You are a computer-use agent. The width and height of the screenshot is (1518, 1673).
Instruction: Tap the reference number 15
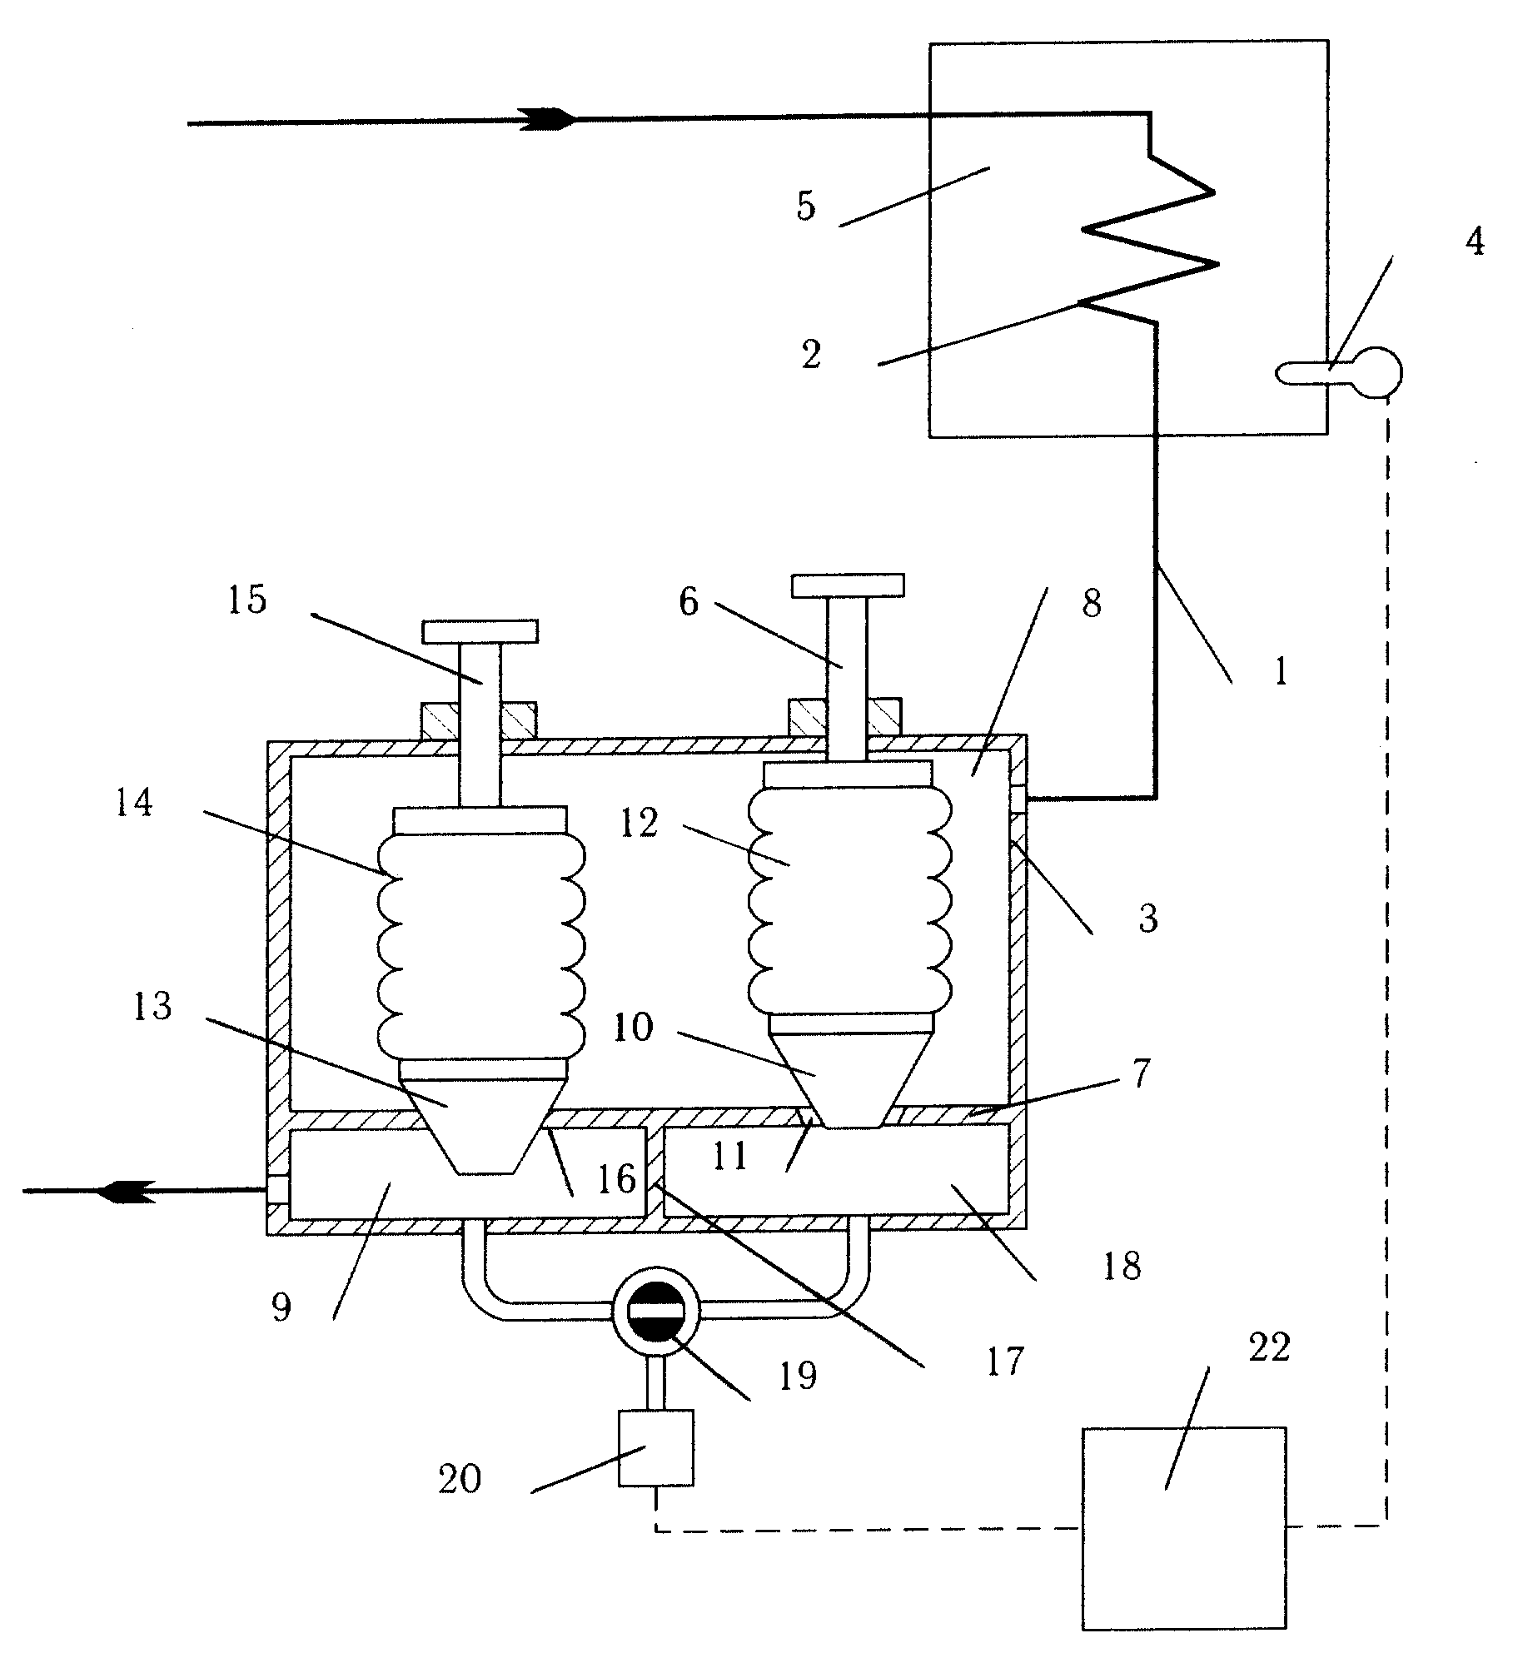tap(246, 601)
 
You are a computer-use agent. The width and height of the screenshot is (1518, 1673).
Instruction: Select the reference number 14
tap(134, 804)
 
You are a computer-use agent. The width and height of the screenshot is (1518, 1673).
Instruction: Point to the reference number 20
tap(459, 1479)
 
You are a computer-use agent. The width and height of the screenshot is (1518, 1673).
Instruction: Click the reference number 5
tap(805, 207)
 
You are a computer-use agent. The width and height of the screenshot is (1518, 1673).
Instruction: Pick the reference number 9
tap(281, 1307)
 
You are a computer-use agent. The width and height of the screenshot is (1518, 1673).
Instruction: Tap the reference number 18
tap(1121, 1267)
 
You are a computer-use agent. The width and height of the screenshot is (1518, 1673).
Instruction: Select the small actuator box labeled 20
tap(656, 1447)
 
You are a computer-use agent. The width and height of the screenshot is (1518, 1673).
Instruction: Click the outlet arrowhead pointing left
tap(126, 1191)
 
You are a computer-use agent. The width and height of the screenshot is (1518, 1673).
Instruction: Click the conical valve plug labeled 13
tap(484, 1124)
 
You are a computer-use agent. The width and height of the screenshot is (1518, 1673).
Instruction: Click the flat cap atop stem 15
tap(480, 631)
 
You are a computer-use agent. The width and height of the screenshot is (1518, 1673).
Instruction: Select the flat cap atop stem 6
tap(848, 585)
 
